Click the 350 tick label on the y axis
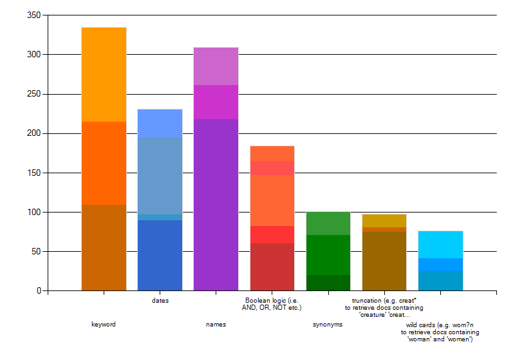pos(34,15)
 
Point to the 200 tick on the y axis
pos(34,133)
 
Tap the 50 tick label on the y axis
pos(36,251)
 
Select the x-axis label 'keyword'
pos(104,325)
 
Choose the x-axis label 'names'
pos(216,325)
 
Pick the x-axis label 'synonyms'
pos(328,325)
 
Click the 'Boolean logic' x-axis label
pos(272,304)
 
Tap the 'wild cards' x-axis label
pos(440,332)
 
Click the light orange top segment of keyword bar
pos(104,74)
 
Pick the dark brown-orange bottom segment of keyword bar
pos(104,247)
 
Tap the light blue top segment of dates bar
pos(160,123)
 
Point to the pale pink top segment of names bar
pos(216,66)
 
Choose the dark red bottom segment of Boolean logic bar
pos(272,267)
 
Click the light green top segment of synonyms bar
pos(328,223)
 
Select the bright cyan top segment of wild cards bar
pos(440,244)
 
